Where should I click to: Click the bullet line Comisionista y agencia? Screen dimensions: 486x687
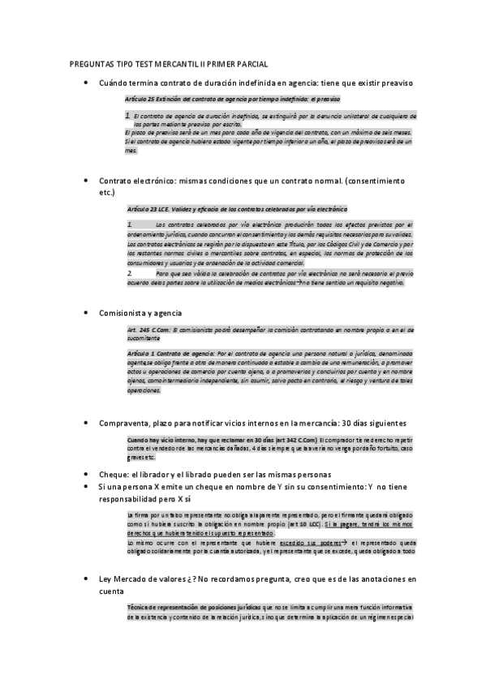point(140,312)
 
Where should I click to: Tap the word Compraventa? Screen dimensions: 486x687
point(127,422)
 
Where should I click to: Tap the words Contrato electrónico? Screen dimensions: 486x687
point(135,180)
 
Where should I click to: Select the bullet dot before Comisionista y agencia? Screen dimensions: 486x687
point(85,312)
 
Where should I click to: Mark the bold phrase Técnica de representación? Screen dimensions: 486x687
point(166,608)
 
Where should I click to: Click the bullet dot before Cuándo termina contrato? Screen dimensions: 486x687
point(85,83)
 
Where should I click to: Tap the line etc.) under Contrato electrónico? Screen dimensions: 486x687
point(105,193)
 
